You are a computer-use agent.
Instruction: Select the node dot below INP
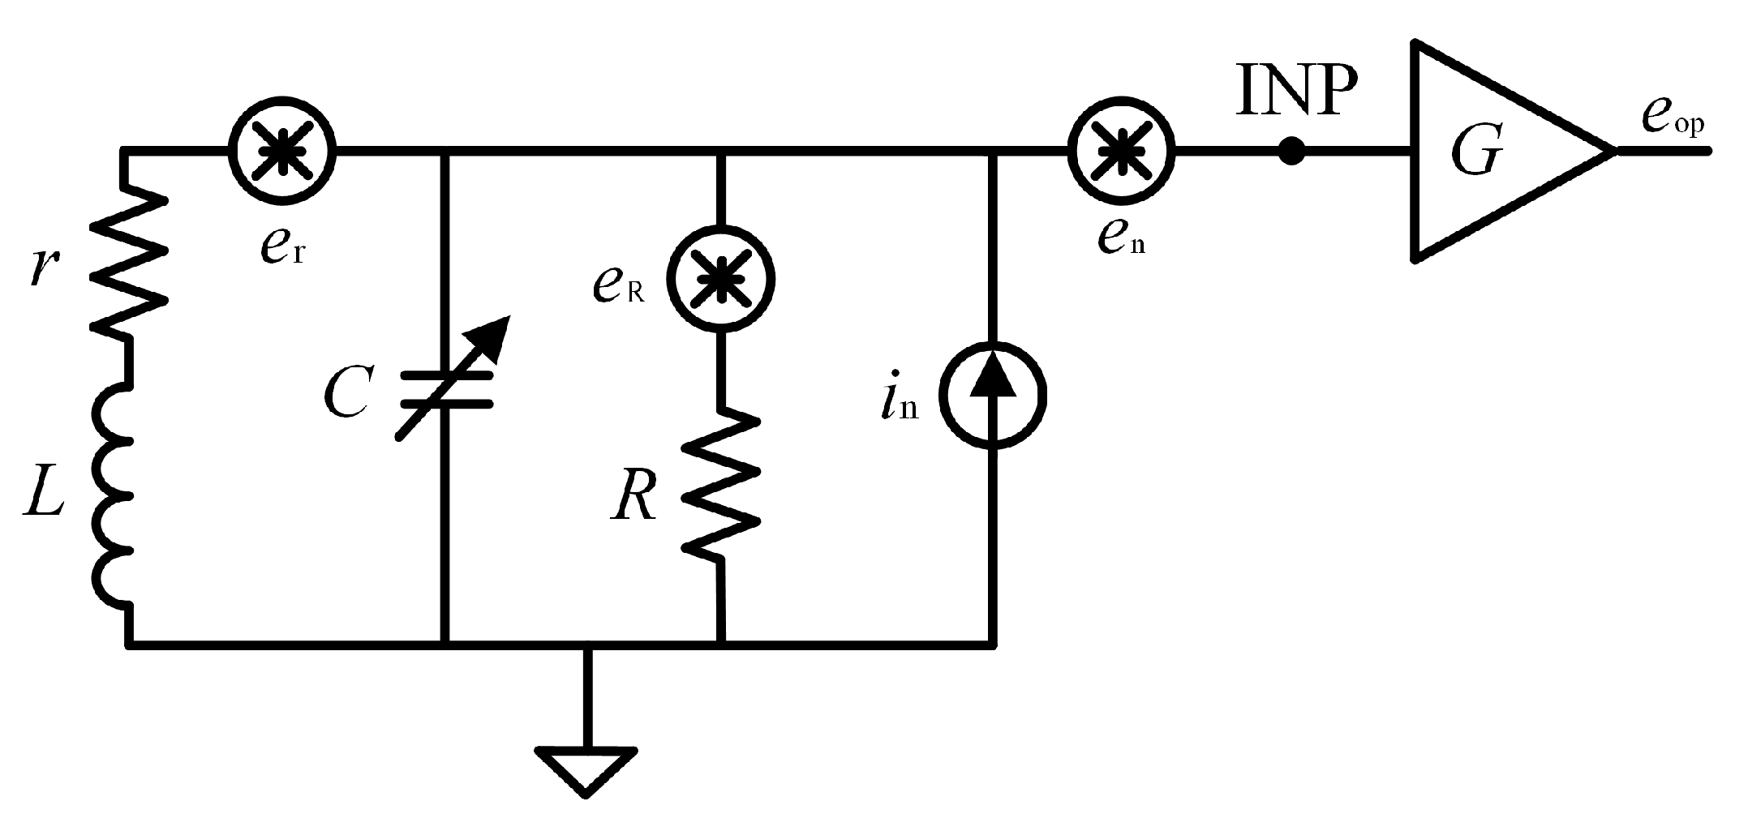tap(1291, 151)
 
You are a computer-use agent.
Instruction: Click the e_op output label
tap(1673, 122)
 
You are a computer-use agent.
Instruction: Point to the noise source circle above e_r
tap(281, 151)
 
